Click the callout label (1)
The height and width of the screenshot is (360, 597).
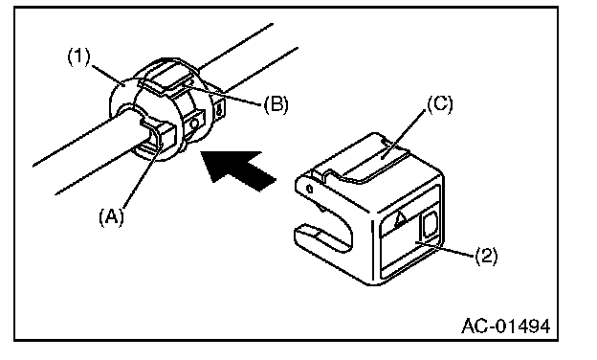pyautogui.click(x=79, y=56)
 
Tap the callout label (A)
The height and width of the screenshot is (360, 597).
pyautogui.click(x=111, y=217)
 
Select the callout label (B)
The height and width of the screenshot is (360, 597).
pyautogui.click(x=276, y=104)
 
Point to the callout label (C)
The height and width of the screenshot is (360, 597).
pyautogui.click(x=440, y=104)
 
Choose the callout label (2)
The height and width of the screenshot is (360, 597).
pyautogui.click(x=486, y=256)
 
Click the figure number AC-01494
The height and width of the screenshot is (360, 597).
pyautogui.click(x=506, y=326)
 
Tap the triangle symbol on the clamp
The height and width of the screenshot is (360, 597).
pyautogui.click(x=399, y=219)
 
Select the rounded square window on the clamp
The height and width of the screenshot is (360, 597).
pyautogui.click(x=429, y=226)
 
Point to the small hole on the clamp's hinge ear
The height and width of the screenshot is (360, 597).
pyautogui.click(x=310, y=189)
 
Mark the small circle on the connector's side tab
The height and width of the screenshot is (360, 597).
pyautogui.click(x=194, y=124)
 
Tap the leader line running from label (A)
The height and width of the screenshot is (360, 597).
pyautogui.click(x=141, y=176)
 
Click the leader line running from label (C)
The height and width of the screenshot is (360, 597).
pyautogui.click(x=403, y=132)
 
